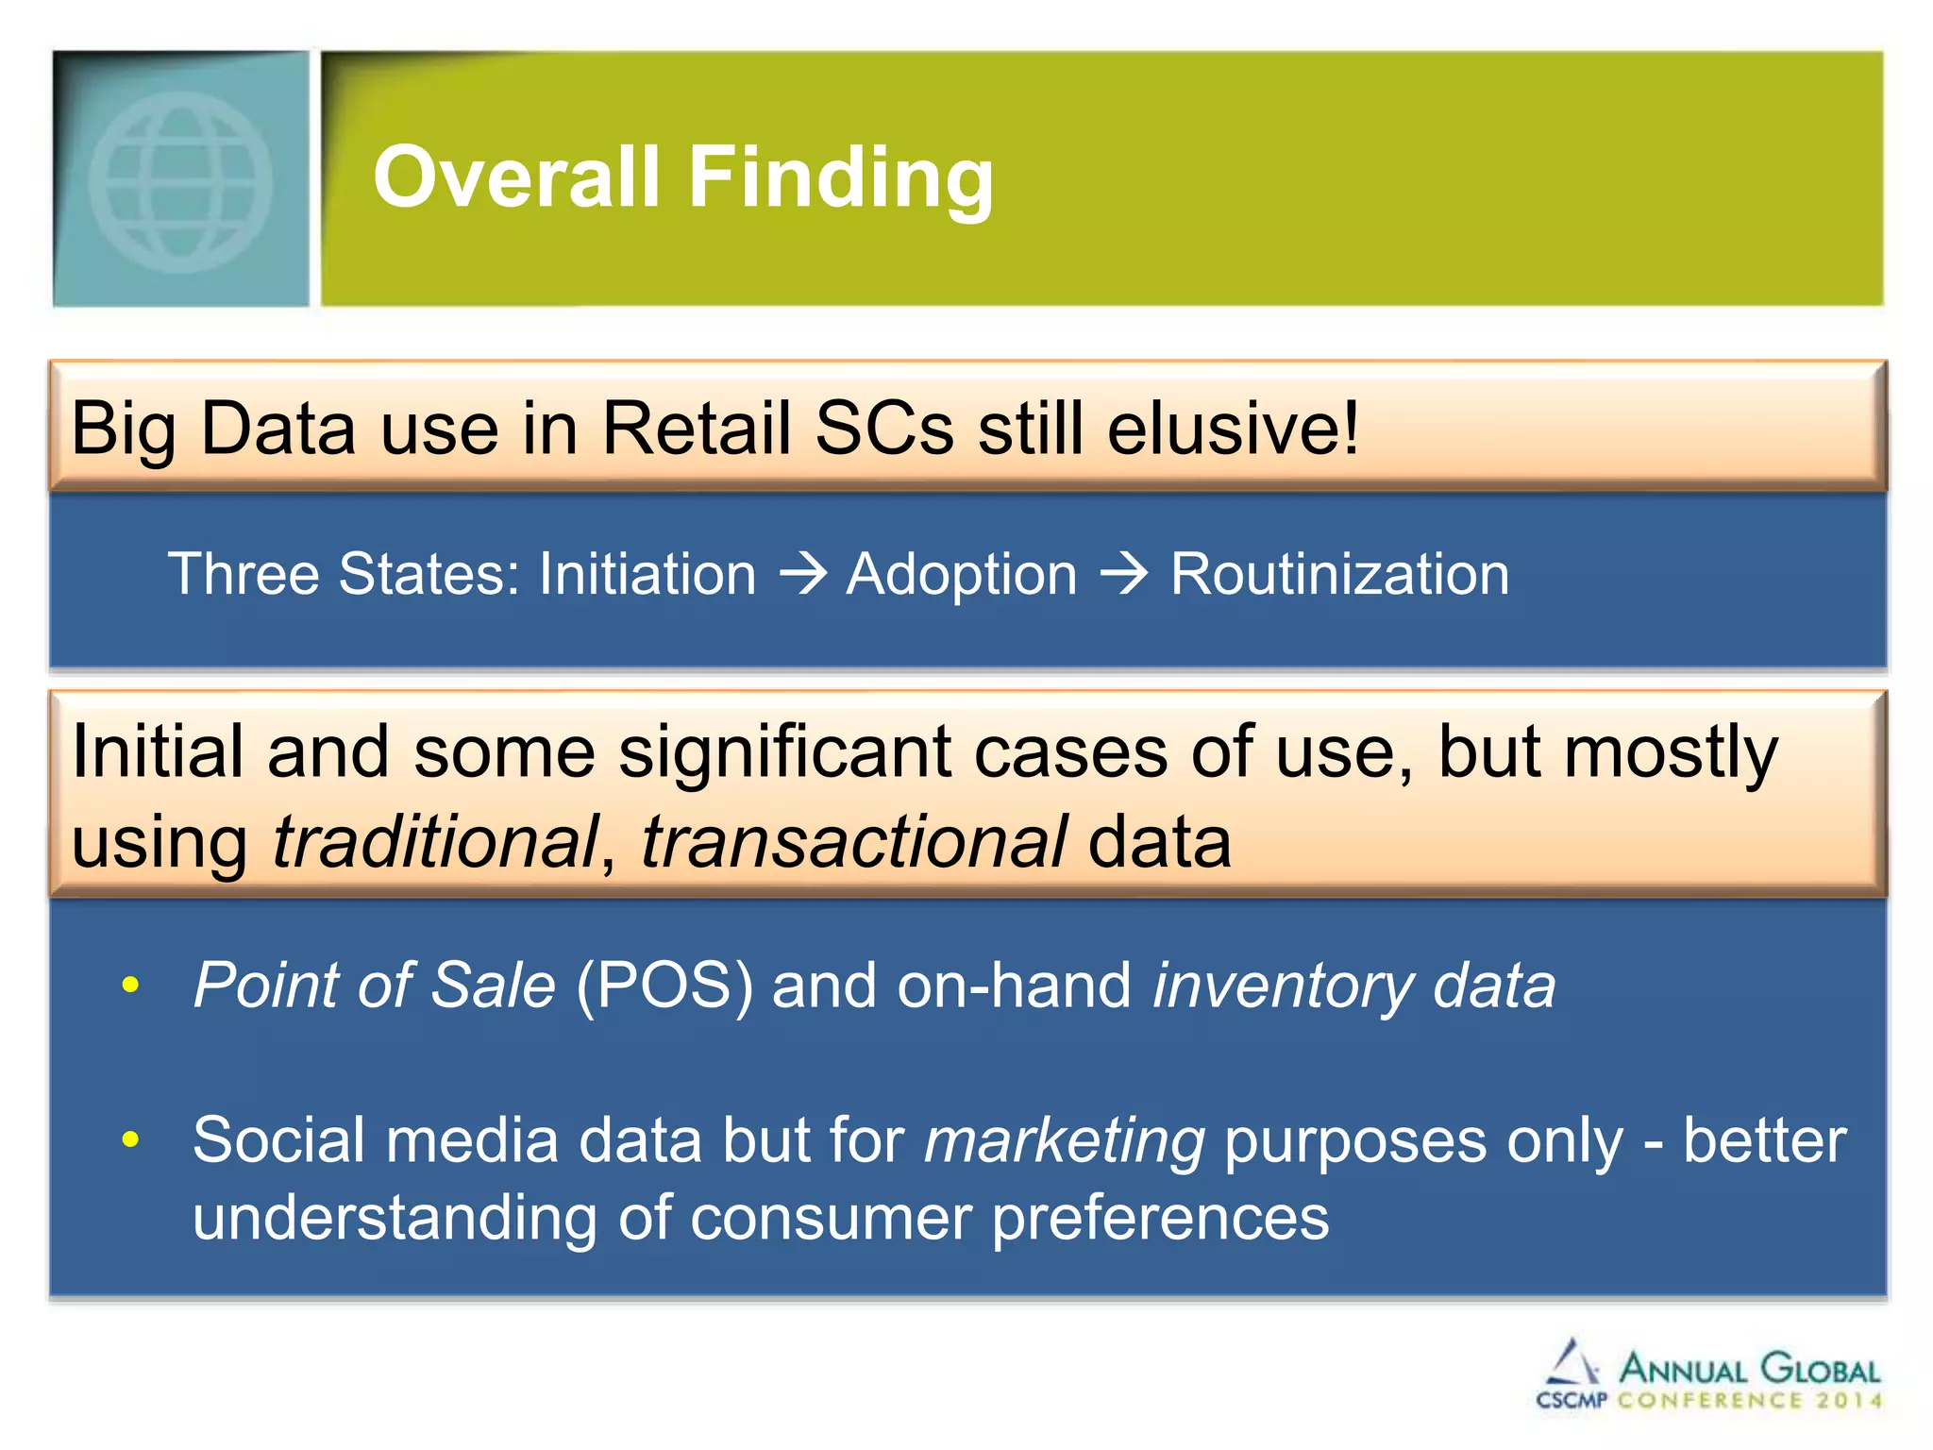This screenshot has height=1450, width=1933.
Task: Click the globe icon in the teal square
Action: click(181, 181)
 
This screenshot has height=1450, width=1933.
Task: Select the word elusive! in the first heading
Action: click(1233, 428)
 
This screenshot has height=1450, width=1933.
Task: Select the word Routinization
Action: click(1339, 574)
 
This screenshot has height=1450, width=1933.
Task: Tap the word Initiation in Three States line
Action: click(647, 574)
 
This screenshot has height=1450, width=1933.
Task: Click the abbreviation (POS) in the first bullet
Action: click(664, 986)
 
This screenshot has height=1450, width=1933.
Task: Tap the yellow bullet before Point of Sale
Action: click(130, 986)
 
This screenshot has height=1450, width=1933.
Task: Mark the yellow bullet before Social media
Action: click(130, 1140)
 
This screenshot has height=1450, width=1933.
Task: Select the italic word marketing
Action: click(1064, 1141)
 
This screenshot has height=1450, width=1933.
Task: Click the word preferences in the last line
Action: click(1160, 1218)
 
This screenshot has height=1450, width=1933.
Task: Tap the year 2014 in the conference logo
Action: click(1849, 1401)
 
